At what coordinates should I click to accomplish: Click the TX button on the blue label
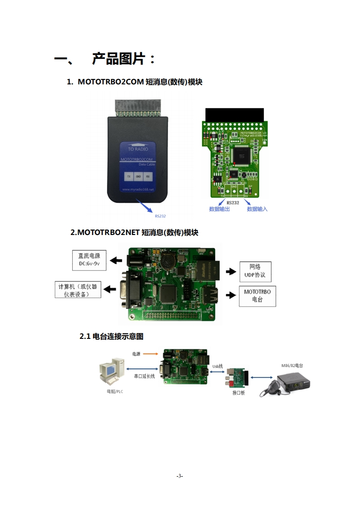[129, 176]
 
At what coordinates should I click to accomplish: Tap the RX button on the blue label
[148, 176]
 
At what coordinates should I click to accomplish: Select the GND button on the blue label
[138, 176]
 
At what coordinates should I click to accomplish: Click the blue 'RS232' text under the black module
[160, 216]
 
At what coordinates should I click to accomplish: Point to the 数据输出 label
[219, 209]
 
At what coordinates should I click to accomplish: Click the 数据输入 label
[257, 209]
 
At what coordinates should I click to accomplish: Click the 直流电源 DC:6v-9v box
[89, 259]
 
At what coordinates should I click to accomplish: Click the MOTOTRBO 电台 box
[257, 296]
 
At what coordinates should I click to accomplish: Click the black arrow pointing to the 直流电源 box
[116, 260]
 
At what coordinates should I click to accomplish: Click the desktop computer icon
[112, 372]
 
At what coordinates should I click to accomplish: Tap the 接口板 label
[238, 393]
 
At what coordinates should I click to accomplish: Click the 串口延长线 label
[144, 376]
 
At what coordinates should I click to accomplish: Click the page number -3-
[180, 476]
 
